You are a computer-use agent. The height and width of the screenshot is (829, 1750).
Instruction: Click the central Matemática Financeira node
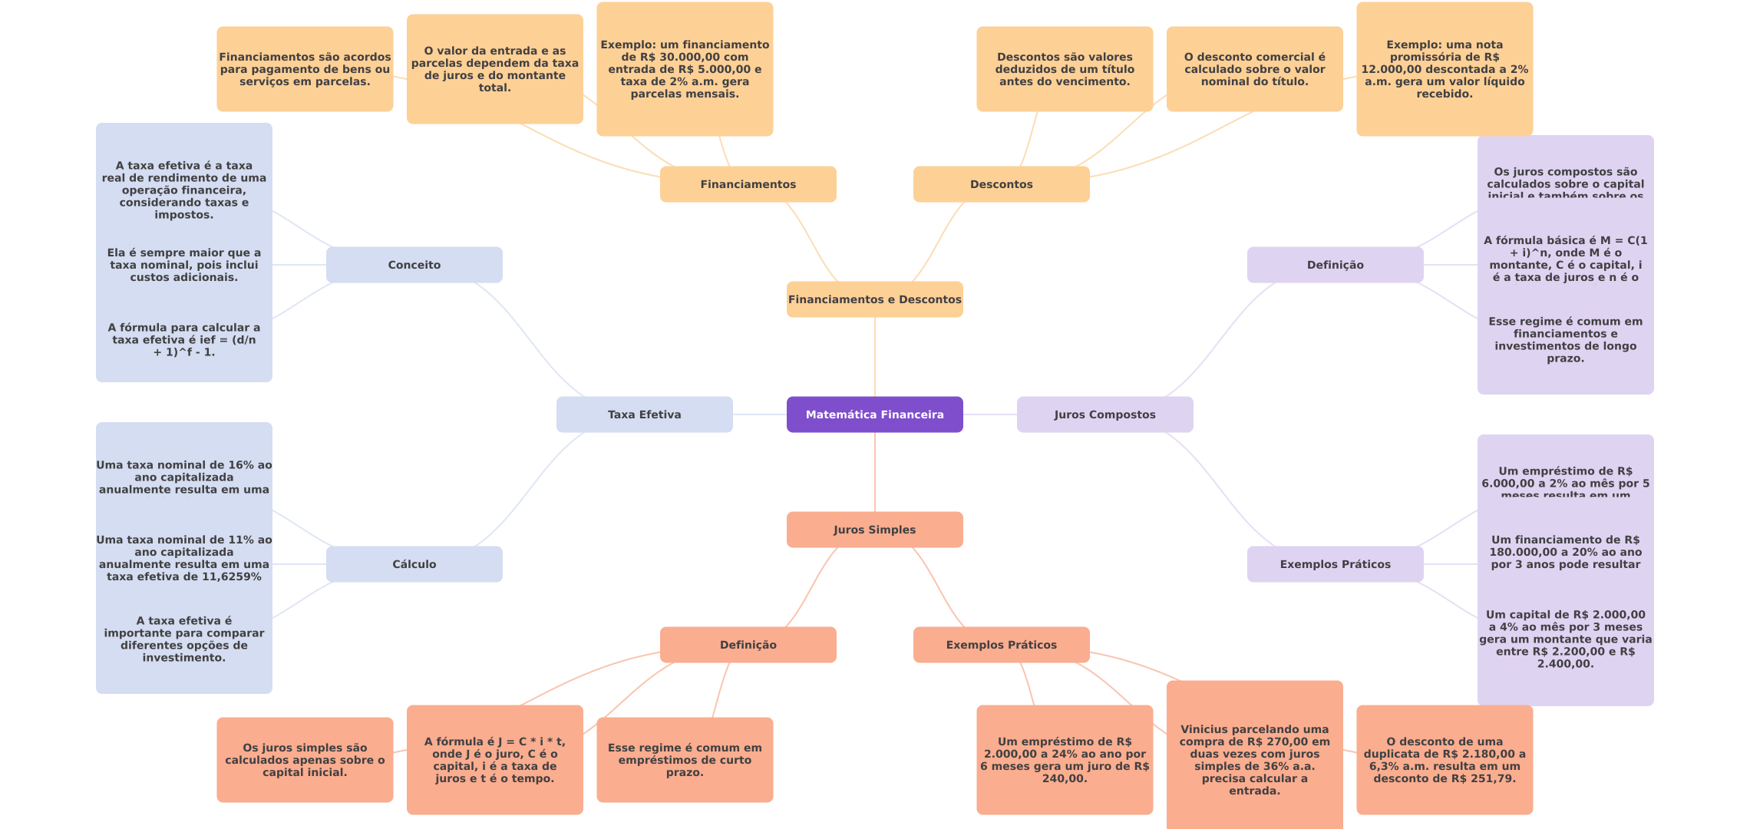(874, 414)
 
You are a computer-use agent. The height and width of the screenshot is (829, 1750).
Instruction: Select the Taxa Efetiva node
(644, 414)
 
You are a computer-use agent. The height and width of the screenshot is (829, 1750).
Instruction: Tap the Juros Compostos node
(1104, 414)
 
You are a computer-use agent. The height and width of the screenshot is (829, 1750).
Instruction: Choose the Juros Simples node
(874, 530)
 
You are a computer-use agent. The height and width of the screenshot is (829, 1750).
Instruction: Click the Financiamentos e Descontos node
(874, 299)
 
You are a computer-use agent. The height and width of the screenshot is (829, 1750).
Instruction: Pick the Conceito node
(414, 265)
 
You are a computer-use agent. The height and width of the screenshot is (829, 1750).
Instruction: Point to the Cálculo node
(414, 564)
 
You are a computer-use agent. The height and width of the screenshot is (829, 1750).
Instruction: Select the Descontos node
(1001, 184)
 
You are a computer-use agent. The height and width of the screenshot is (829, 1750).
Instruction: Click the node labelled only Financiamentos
(748, 184)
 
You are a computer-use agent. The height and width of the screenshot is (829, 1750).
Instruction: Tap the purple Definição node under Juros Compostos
(1335, 265)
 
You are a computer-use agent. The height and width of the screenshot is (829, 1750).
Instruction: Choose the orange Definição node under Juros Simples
(748, 645)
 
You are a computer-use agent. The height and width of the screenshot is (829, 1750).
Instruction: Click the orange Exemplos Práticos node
(1001, 645)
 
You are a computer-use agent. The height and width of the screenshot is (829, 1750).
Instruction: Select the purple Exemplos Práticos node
(1335, 564)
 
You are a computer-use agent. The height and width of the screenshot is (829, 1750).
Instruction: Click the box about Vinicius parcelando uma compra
(1254, 760)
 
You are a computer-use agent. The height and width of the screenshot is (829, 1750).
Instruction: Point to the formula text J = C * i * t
(494, 760)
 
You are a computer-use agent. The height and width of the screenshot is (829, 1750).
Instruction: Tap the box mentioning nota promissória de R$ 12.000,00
(1444, 69)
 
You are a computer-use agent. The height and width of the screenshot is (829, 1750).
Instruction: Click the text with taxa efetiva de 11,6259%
(184, 558)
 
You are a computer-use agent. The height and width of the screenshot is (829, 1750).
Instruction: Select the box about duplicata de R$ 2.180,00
(1444, 760)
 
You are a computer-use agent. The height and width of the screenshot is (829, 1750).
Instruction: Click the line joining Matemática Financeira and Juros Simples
(875, 472)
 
